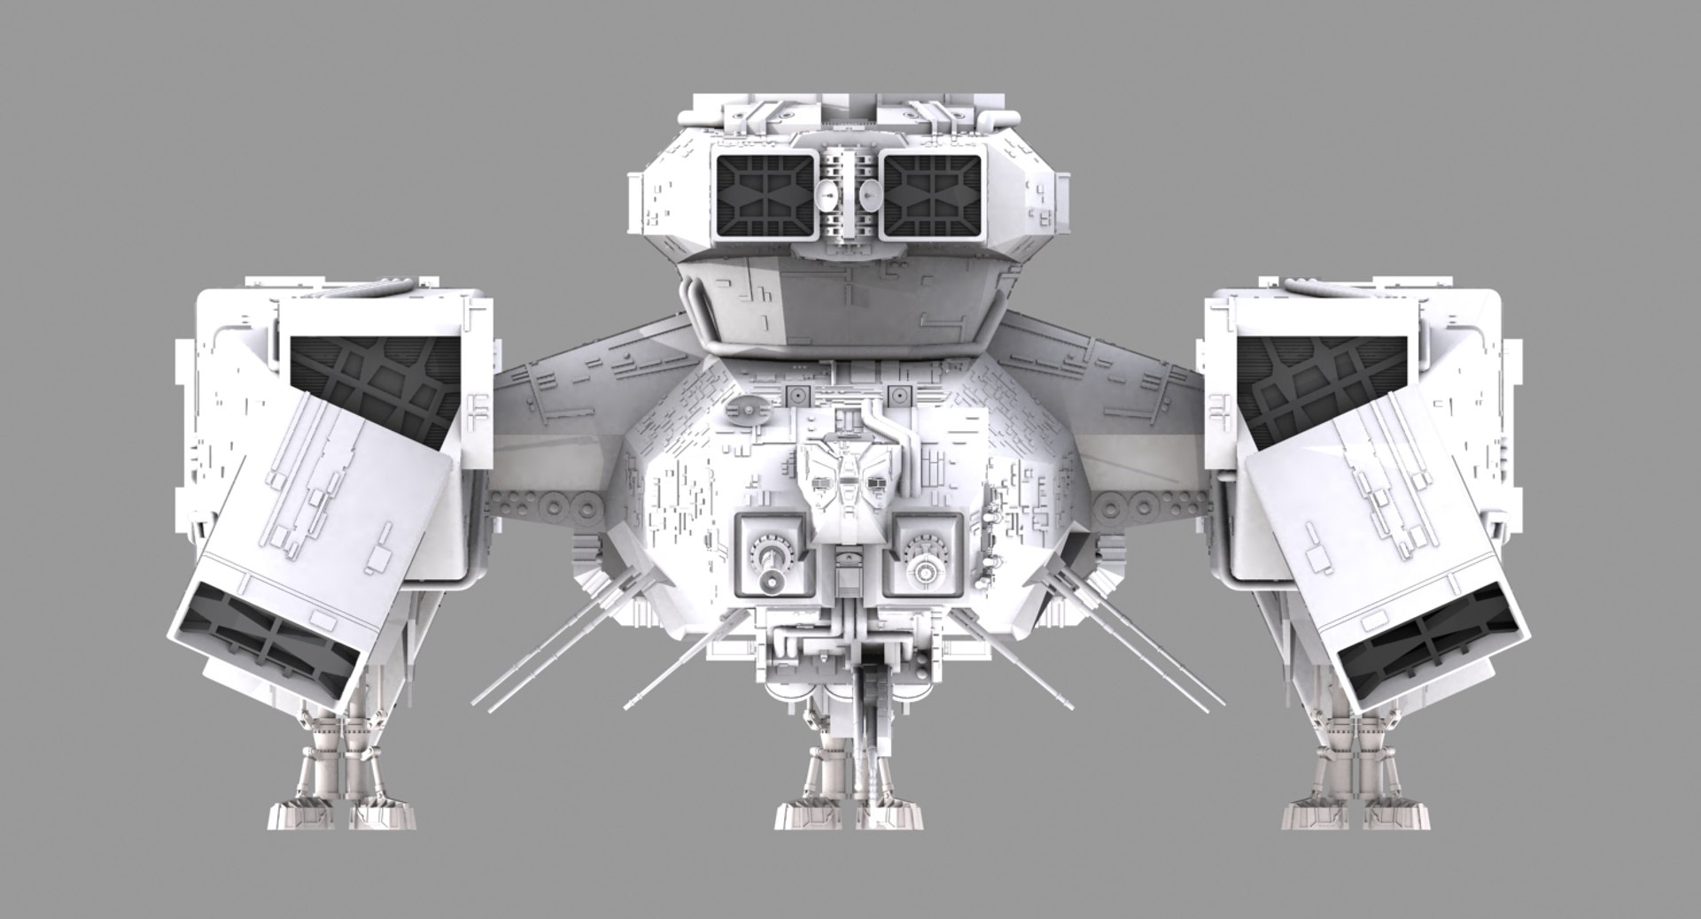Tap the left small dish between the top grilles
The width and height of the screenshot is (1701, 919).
coord(828,195)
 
